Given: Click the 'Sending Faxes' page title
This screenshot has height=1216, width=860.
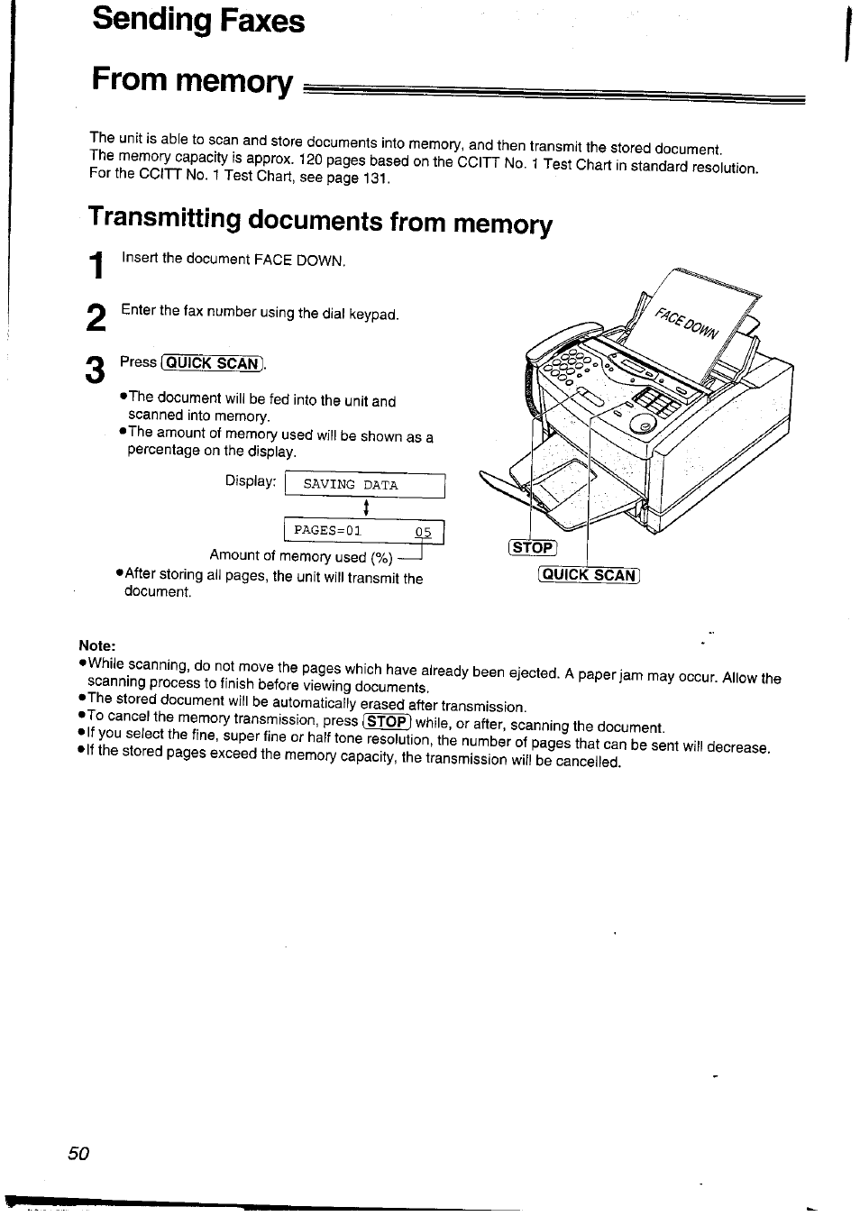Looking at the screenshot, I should (x=198, y=22).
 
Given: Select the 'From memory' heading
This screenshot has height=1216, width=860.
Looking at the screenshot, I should (x=192, y=82).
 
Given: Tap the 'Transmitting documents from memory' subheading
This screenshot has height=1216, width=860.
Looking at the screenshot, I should (x=320, y=222).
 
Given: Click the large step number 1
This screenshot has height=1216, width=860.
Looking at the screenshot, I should (x=98, y=267).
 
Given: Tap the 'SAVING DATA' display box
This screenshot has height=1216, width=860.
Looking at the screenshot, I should (x=364, y=485).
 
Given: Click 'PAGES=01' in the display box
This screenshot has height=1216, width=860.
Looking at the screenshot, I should (x=327, y=531).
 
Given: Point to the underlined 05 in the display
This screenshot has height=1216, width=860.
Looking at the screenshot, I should (x=423, y=532).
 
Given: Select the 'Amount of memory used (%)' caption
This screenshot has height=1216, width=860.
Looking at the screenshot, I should (x=301, y=556).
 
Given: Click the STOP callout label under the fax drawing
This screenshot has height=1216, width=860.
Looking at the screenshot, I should (x=533, y=548).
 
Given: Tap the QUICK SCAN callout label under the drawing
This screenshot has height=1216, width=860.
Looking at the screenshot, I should (x=589, y=576).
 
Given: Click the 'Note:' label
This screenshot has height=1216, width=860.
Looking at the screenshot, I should (x=97, y=645).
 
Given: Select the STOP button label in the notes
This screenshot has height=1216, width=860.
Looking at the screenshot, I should (x=387, y=721).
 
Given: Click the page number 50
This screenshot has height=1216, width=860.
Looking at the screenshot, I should (x=78, y=1154).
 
